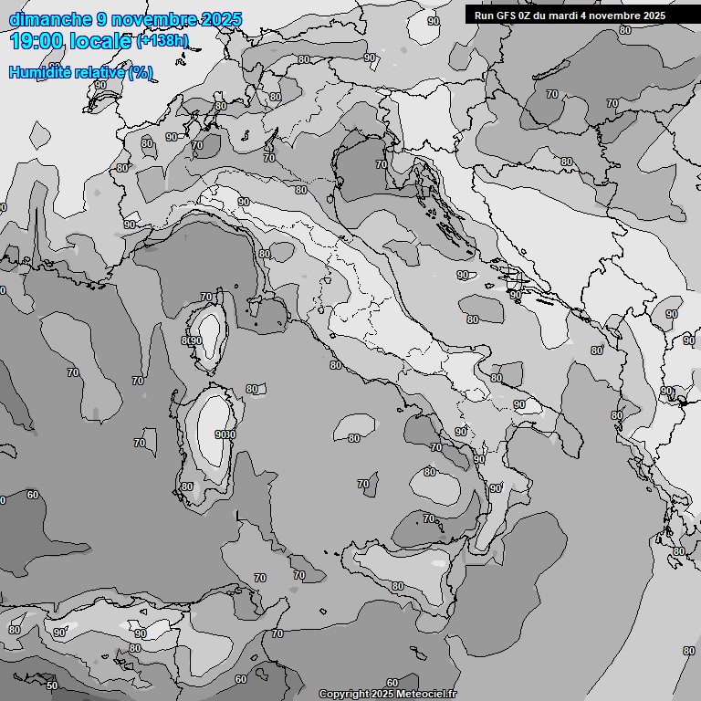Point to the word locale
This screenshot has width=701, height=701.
click(x=103, y=41)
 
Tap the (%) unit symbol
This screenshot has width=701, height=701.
click(x=141, y=72)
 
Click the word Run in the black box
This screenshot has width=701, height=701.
click(x=484, y=16)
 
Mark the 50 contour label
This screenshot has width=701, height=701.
click(x=51, y=685)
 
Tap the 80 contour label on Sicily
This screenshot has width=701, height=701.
click(x=397, y=586)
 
